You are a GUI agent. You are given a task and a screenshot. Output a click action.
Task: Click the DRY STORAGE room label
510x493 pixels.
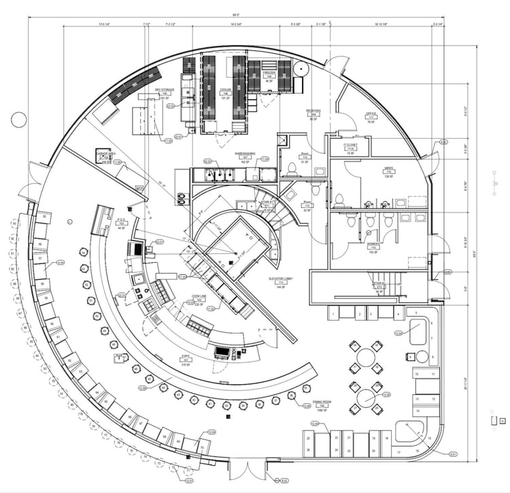(x=165, y=90)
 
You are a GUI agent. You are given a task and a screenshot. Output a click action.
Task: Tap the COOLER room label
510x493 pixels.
(x=225, y=90)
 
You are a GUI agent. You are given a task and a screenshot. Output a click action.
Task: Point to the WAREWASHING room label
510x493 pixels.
(x=245, y=154)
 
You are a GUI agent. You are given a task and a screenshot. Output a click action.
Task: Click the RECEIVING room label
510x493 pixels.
(x=313, y=110)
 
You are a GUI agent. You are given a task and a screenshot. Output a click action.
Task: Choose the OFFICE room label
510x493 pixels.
(x=371, y=114)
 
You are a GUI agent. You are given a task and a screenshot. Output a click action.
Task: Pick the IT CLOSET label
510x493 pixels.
(x=352, y=146)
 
